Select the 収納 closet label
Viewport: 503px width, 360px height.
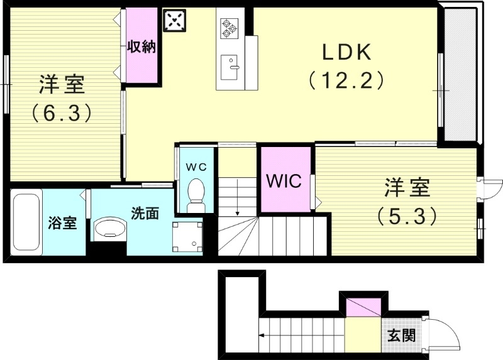pyautogui.click(x=141, y=47)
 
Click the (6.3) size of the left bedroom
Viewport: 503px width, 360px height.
pyautogui.click(x=63, y=113)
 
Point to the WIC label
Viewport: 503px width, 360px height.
pyautogui.click(x=284, y=181)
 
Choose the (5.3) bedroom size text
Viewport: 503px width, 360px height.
pyautogui.click(x=407, y=216)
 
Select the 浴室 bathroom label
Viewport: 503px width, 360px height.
pyautogui.click(x=63, y=223)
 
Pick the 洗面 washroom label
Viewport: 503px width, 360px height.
pyautogui.click(x=145, y=213)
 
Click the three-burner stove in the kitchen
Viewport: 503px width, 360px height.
pyautogui.click(x=229, y=28)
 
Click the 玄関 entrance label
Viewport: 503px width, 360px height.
pyautogui.click(x=400, y=335)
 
